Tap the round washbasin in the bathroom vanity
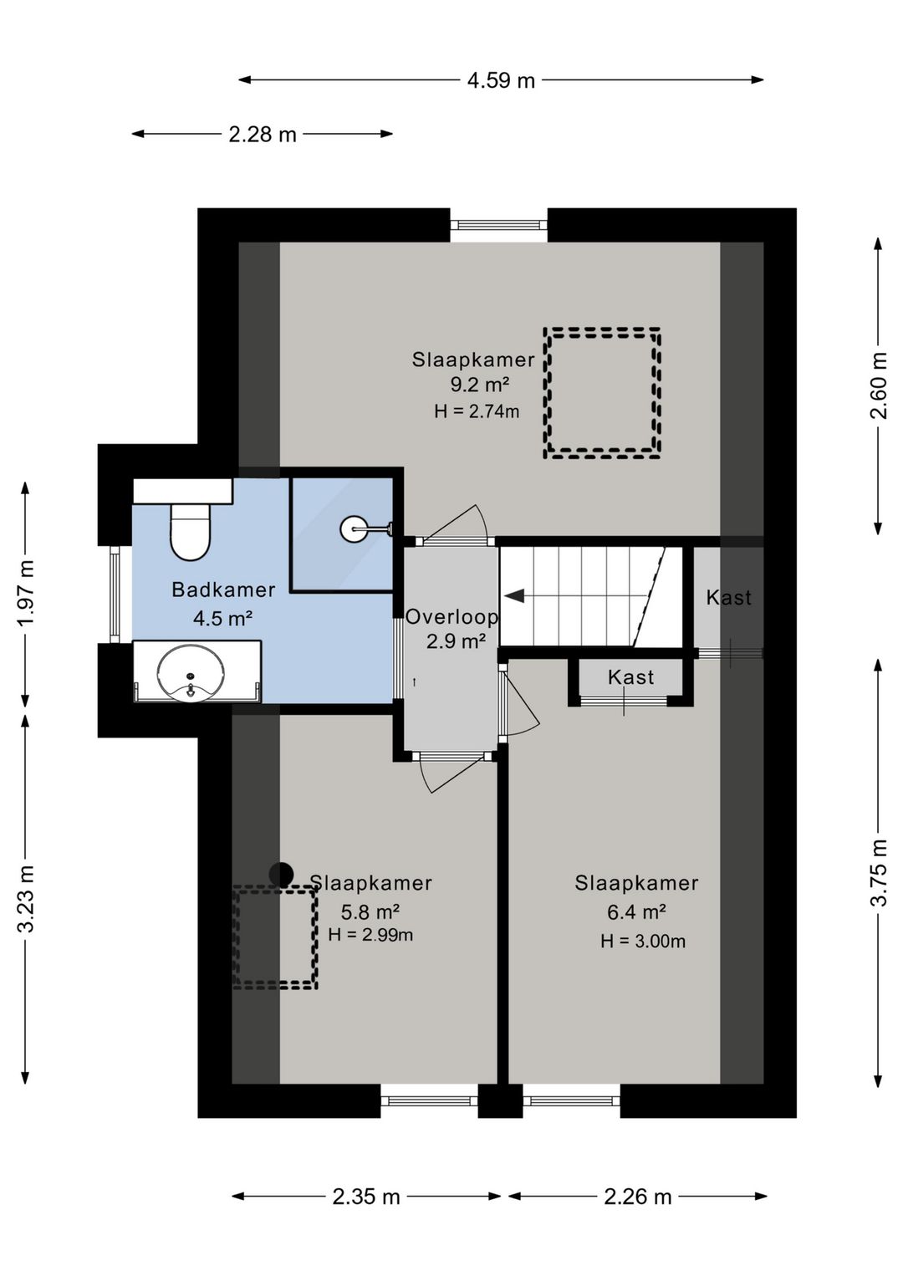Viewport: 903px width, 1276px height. click(x=191, y=672)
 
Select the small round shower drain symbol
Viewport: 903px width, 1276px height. click(x=355, y=528)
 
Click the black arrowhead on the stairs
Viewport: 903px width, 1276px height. click(x=514, y=596)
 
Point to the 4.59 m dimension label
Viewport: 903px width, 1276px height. click(x=502, y=80)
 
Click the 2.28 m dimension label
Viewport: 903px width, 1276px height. click(x=263, y=135)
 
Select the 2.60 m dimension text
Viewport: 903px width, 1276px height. click(x=878, y=385)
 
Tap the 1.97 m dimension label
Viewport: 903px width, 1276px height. click(x=26, y=592)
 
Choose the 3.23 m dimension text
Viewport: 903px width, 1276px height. click(x=26, y=898)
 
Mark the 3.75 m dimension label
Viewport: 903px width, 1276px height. click(x=878, y=872)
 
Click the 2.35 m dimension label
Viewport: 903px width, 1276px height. click(x=366, y=1197)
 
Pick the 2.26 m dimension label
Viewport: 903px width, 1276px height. click(x=637, y=1197)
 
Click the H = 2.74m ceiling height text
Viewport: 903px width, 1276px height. click(x=477, y=411)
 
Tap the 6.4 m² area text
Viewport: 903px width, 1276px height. click(x=636, y=912)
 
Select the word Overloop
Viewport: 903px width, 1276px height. click(x=451, y=616)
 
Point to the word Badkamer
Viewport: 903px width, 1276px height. click(x=223, y=590)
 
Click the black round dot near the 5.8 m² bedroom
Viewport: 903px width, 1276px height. click(x=281, y=874)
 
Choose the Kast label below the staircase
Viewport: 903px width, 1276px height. click(x=630, y=677)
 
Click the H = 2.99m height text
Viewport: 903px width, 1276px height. click(x=370, y=934)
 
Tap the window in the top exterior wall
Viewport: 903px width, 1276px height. click(x=498, y=225)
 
